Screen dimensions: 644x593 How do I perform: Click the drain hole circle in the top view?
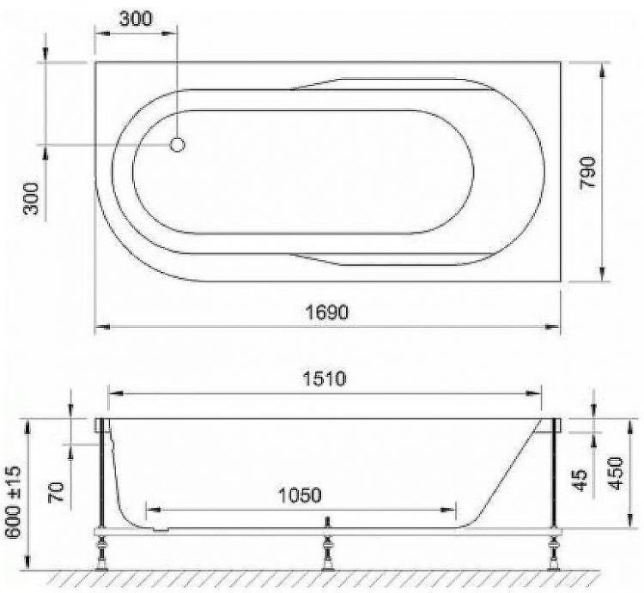[178, 144]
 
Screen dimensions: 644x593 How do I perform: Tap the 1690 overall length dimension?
[327, 312]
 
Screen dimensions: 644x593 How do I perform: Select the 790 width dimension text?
[587, 172]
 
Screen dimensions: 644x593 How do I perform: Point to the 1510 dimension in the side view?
[325, 378]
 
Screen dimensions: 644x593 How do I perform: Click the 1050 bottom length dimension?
[300, 495]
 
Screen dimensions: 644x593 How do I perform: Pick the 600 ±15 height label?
[13, 501]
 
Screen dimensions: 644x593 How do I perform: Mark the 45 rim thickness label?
[580, 480]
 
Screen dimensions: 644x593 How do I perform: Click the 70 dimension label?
[57, 492]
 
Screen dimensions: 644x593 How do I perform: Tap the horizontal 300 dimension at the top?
[136, 19]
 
